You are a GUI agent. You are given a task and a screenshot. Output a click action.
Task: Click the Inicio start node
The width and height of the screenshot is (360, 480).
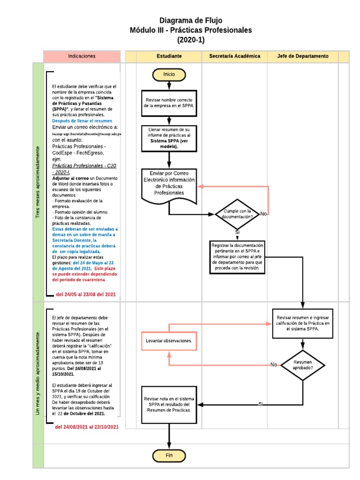click(x=169, y=75)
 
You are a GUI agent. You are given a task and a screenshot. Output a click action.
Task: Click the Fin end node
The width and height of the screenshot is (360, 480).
click(x=169, y=455)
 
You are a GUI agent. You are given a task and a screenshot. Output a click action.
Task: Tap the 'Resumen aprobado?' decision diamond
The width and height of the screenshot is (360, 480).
click(x=303, y=365)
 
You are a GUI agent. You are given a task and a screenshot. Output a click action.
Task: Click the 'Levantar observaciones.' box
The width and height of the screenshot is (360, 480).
click(x=169, y=341)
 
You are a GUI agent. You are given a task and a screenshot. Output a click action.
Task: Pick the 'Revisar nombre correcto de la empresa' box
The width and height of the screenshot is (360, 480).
click(x=169, y=103)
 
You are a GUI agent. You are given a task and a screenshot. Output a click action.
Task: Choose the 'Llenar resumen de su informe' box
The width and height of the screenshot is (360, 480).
click(x=169, y=138)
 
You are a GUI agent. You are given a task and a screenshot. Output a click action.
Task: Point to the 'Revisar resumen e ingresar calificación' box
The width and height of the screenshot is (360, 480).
click(x=303, y=323)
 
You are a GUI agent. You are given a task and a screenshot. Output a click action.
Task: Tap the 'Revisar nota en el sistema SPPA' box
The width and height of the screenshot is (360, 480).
click(x=169, y=404)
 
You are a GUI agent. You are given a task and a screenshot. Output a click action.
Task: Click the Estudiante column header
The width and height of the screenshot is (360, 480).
click(x=169, y=56)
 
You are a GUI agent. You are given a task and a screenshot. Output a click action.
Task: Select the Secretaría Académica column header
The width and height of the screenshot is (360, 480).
click(x=235, y=56)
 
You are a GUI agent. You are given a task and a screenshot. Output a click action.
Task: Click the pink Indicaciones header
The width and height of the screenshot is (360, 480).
click(x=82, y=56)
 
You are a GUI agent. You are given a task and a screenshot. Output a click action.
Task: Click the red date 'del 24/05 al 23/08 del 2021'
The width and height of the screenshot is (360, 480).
click(x=86, y=294)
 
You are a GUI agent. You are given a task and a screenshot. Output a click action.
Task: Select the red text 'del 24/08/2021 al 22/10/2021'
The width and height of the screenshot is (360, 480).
click(x=87, y=427)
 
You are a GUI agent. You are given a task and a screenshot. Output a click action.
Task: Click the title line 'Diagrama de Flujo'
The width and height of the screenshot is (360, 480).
click(x=191, y=20)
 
